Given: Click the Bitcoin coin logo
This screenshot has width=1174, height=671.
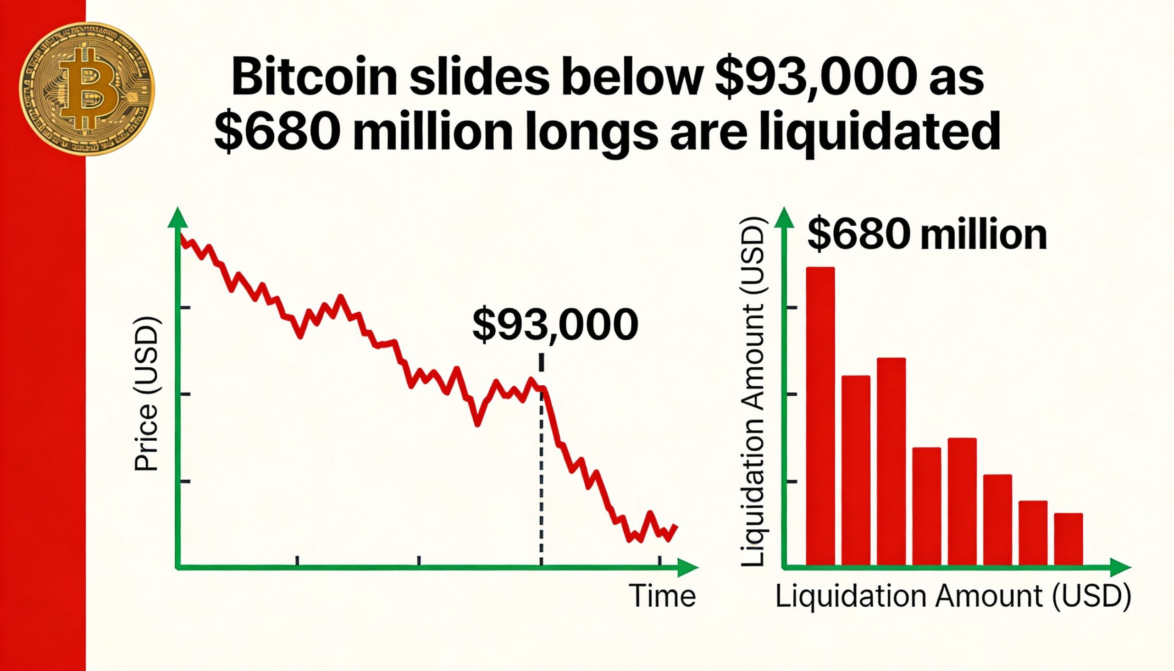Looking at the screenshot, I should click(x=87, y=89).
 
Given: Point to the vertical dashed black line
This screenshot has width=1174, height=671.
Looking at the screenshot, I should click(x=541, y=461).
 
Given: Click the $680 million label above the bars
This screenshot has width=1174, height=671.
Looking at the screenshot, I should click(x=927, y=235).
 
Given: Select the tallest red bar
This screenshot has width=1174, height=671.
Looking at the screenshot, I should click(x=820, y=415).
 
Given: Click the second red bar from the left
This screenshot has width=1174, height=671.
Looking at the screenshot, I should click(x=856, y=470).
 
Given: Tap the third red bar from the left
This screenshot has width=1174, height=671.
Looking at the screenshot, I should click(x=891, y=461).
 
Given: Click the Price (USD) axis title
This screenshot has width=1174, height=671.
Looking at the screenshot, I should click(x=146, y=394).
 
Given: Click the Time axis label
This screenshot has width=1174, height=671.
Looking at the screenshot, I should click(x=662, y=596).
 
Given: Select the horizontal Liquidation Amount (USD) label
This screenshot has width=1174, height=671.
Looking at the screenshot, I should click(x=953, y=596).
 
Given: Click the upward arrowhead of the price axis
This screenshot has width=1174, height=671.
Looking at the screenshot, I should click(x=177, y=217).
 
